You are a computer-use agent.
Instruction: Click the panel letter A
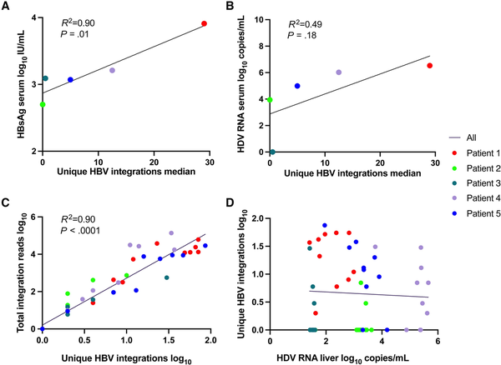(x=7, y=7)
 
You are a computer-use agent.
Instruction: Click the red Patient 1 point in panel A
(x=204, y=24)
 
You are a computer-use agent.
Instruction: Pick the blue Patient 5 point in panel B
(x=297, y=86)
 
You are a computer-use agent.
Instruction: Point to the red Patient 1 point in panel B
(x=430, y=65)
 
